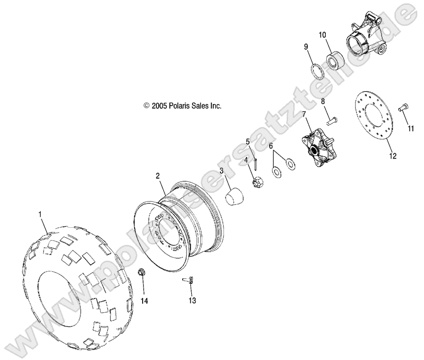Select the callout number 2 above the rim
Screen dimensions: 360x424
(158, 176)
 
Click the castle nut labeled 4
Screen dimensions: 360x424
(258, 182)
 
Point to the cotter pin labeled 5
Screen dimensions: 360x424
(256, 163)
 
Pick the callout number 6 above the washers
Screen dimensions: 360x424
(271, 146)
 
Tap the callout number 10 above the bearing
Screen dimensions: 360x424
(322, 34)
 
